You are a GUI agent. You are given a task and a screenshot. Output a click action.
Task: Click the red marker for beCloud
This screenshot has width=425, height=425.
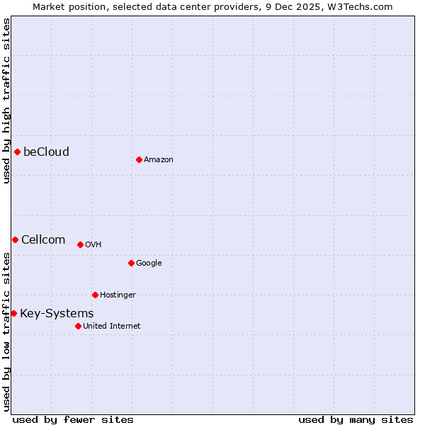click(x=17, y=152)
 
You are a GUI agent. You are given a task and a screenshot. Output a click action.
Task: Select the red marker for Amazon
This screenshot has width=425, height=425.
click(x=139, y=159)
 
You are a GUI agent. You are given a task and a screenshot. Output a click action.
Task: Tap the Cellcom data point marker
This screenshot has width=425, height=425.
click(x=15, y=239)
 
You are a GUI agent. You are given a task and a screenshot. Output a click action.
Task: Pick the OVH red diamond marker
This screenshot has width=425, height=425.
click(x=80, y=244)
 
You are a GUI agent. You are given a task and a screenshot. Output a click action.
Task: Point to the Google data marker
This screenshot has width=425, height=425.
click(x=131, y=263)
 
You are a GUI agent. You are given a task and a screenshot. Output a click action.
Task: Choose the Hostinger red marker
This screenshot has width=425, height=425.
click(x=95, y=295)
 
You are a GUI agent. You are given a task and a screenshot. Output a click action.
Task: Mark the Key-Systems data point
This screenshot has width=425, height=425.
click(x=13, y=313)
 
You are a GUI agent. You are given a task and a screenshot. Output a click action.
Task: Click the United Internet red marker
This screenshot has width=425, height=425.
click(x=78, y=326)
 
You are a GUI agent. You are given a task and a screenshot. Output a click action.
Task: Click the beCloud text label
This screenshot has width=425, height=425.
click(x=46, y=152)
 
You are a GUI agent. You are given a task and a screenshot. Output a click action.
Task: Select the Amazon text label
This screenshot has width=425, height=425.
click(x=159, y=159)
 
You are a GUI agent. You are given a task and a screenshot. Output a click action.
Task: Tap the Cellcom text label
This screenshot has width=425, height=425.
click(x=43, y=239)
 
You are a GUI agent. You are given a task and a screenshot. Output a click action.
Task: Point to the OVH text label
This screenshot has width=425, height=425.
click(x=93, y=244)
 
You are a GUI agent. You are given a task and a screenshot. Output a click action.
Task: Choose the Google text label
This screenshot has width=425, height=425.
click(x=149, y=263)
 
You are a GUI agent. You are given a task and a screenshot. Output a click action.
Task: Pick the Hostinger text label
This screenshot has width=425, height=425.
click(x=118, y=295)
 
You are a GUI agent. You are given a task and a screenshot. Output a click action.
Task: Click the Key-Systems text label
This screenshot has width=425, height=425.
click(x=57, y=313)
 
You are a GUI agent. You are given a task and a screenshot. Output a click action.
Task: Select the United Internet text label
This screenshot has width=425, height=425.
click(x=112, y=326)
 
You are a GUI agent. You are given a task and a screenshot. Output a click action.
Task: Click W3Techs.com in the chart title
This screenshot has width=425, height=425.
click(x=359, y=6)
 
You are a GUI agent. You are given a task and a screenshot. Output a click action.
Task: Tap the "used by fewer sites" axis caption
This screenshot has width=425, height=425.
click(x=73, y=419)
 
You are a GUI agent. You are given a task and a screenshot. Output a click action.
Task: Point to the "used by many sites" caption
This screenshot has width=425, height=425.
click(x=356, y=419)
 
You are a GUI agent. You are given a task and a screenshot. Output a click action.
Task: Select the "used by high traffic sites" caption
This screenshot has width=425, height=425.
click(x=6, y=101)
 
